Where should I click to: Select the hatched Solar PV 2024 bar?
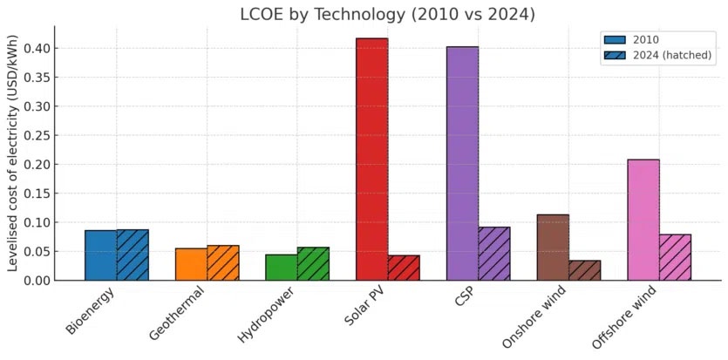point(404,268)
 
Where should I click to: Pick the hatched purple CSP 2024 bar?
point(494,254)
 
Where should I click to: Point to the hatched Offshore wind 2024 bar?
point(675,257)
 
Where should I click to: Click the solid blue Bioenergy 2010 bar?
point(100,255)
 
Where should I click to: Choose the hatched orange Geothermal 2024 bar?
point(223,262)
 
